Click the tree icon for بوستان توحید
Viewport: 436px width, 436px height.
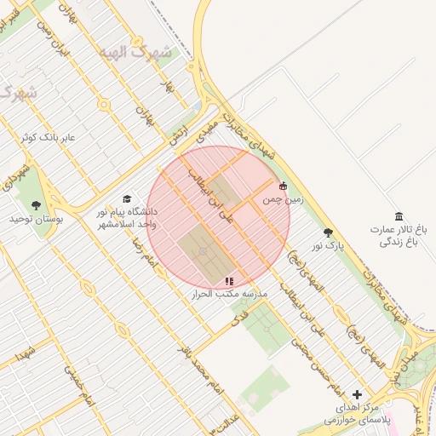pyautogui.click(x=36, y=205)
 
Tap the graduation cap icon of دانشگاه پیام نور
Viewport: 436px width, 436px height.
pyautogui.click(x=127, y=198)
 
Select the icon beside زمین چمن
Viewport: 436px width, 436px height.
pyautogui.click(x=284, y=186)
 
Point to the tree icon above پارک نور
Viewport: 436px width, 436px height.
pyautogui.click(x=328, y=232)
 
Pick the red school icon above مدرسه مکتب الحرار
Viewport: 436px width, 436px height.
pyautogui.click(x=228, y=280)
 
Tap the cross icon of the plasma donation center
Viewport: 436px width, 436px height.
pyautogui.click(x=357, y=394)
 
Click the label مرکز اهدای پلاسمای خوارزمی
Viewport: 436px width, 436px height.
pyautogui.click(x=355, y=415)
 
